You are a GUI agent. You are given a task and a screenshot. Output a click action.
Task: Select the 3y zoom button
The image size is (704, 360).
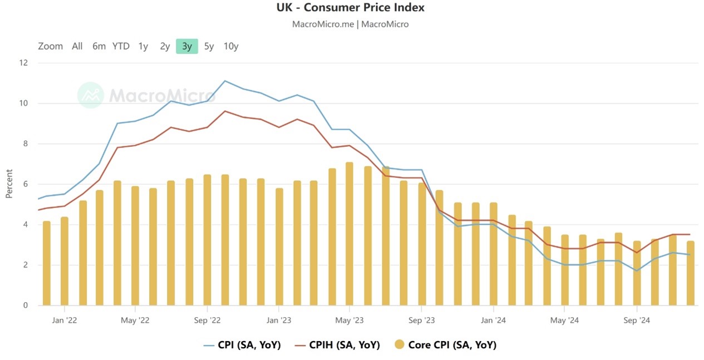(187, 46)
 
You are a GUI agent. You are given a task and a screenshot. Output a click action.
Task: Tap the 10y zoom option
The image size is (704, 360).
(231, 46)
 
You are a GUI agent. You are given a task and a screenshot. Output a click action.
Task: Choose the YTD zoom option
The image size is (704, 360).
(121, 46)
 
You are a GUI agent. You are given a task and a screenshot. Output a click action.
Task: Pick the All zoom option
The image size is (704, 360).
(77, 46)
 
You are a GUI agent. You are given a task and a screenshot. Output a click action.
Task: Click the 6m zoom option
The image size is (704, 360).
(99, 46)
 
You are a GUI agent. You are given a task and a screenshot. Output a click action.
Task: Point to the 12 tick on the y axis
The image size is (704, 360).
(23, 63)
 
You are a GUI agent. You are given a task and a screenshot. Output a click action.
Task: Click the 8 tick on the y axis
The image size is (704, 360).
(26, 144)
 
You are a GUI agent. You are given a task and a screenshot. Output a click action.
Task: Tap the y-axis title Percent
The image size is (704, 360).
(9, 184)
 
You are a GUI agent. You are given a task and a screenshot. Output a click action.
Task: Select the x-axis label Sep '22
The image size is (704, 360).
(207, 320)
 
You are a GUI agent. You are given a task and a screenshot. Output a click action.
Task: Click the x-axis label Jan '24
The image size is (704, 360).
(493, 320)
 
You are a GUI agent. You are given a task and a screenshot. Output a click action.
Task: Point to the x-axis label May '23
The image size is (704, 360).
(349, 320)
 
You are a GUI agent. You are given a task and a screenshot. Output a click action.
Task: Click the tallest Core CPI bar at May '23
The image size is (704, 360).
(349, 234)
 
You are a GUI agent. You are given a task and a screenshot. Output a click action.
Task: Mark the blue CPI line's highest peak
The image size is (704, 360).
(225, 81)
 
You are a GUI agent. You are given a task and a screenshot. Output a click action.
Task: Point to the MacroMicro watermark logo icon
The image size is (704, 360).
(90, 95)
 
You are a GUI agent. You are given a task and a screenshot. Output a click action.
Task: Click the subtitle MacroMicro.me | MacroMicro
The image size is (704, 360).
(350, 24)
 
